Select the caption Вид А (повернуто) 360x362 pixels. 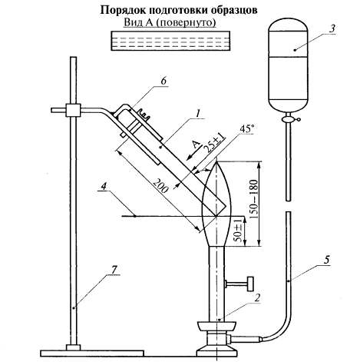(170, 22)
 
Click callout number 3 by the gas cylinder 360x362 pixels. (332, 28)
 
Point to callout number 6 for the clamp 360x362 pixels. (163, 81)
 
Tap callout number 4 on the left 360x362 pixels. (103, 186)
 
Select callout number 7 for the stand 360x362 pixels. (114, 270)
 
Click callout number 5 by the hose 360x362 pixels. (326, 260)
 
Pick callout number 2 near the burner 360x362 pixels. (257, 297)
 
